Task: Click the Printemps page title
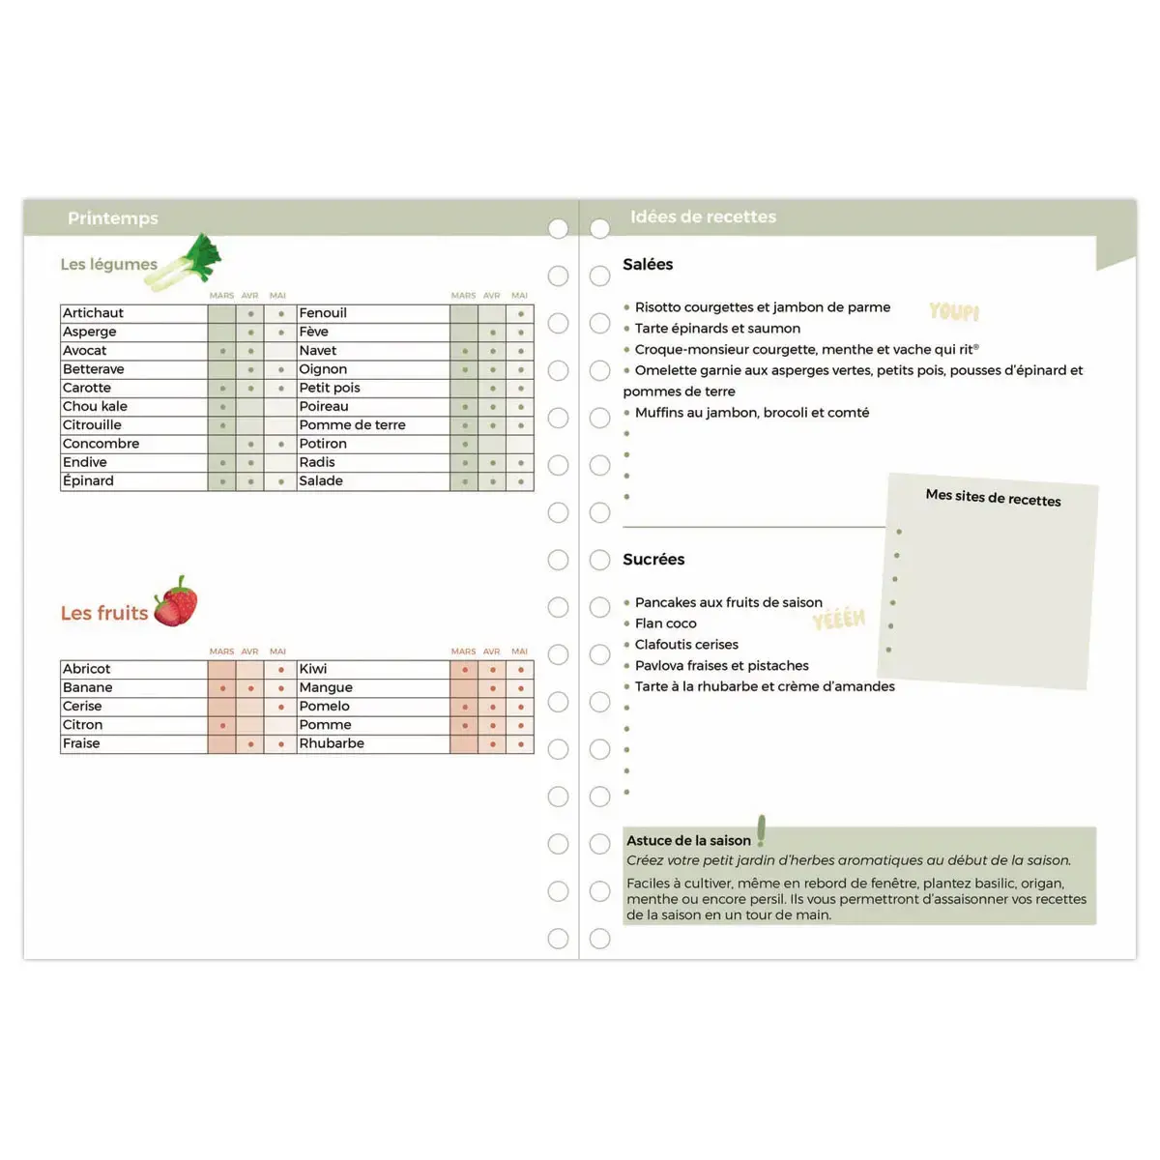tap(112, 218)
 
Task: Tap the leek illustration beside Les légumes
tap(188, 263)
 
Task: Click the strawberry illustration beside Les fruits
tap(176, 602)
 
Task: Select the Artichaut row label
tap(94, 313)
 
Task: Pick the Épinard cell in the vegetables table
tap(88, 481)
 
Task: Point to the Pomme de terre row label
tap(352, 425)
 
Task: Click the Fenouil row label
tap(323, 313)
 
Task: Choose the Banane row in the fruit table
tap(88, 688)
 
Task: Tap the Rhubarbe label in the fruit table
tap(332, 744)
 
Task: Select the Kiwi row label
tap(313, 669)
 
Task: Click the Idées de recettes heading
tap(703, 217)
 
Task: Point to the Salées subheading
tap(648, 265)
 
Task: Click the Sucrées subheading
tap(653, 560)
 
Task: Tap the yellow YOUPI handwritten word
tap(954, 311)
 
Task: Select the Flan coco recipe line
tap(666, 623)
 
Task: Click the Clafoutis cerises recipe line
tap(686, 645)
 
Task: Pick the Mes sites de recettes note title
tap(993, 498)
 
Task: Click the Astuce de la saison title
tap(688, 841)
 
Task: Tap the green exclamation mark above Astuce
tap(761, 829)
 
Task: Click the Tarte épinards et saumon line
tap(717, 329)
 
